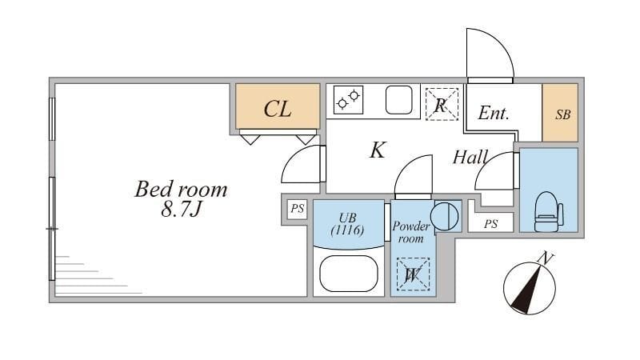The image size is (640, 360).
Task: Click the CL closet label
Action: pyautogui.click(x=278, y=110)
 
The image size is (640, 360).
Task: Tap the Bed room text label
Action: pyautogui.click(x=181, y=190)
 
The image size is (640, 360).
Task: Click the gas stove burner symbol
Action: pyautogui.click(x=348, y=100)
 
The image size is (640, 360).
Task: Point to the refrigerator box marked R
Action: pyautogui.click(x=441, y=104)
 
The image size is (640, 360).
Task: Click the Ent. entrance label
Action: pyautogui.click(x=494, y=114)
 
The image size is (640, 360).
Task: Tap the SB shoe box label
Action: pyautogui.click(x=563, y=114)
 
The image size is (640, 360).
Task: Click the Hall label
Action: pyautogui.click(x=470, y=157)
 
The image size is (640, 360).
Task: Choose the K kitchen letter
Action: pyautogui.click(x=378, y=150)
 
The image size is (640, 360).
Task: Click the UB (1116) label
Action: pyautogui.click(x=347, y=224)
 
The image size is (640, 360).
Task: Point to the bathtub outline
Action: pyautogui.click(x=348, y=274)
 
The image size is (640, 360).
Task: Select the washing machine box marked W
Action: pyautogui.click(x=414, y=274)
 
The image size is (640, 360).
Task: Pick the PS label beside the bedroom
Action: pyautogui.click(x=298, y=210)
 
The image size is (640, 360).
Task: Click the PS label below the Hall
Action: pyautogui.click(x=490, y=224)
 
